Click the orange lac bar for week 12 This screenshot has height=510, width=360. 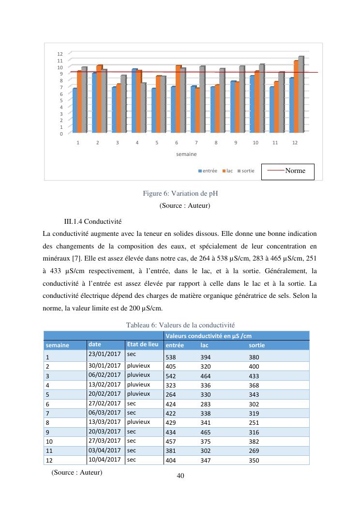pyautogui.click(x=296, y=96)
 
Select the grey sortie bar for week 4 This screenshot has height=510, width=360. pyautogui.click(x=144, y=108)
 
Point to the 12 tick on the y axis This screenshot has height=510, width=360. pyautogui.click(x=60, y=54)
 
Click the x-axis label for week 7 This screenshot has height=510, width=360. pyautogui.click(x=196, y=143)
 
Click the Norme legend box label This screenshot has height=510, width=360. pyautogui.click(x=295, y=170)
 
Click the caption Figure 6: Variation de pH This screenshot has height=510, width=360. pyautogui.click(x=180, y=194)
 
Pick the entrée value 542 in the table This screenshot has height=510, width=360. pyautogui.click(x=171, y=376)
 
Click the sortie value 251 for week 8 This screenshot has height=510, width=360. pyautogui.click(x=254, y=423)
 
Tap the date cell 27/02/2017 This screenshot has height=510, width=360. pyautogui.click(x=105, y=403)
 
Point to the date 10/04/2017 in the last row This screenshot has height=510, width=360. pyautogui.click(x=105, y=460)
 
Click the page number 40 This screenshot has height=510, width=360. pyautogui.click(x=180, y=476)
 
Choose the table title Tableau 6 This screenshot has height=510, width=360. pyautogui.click(x=180, y=325)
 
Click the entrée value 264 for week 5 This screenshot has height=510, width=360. pyautogui.click(x=171, y=395)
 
